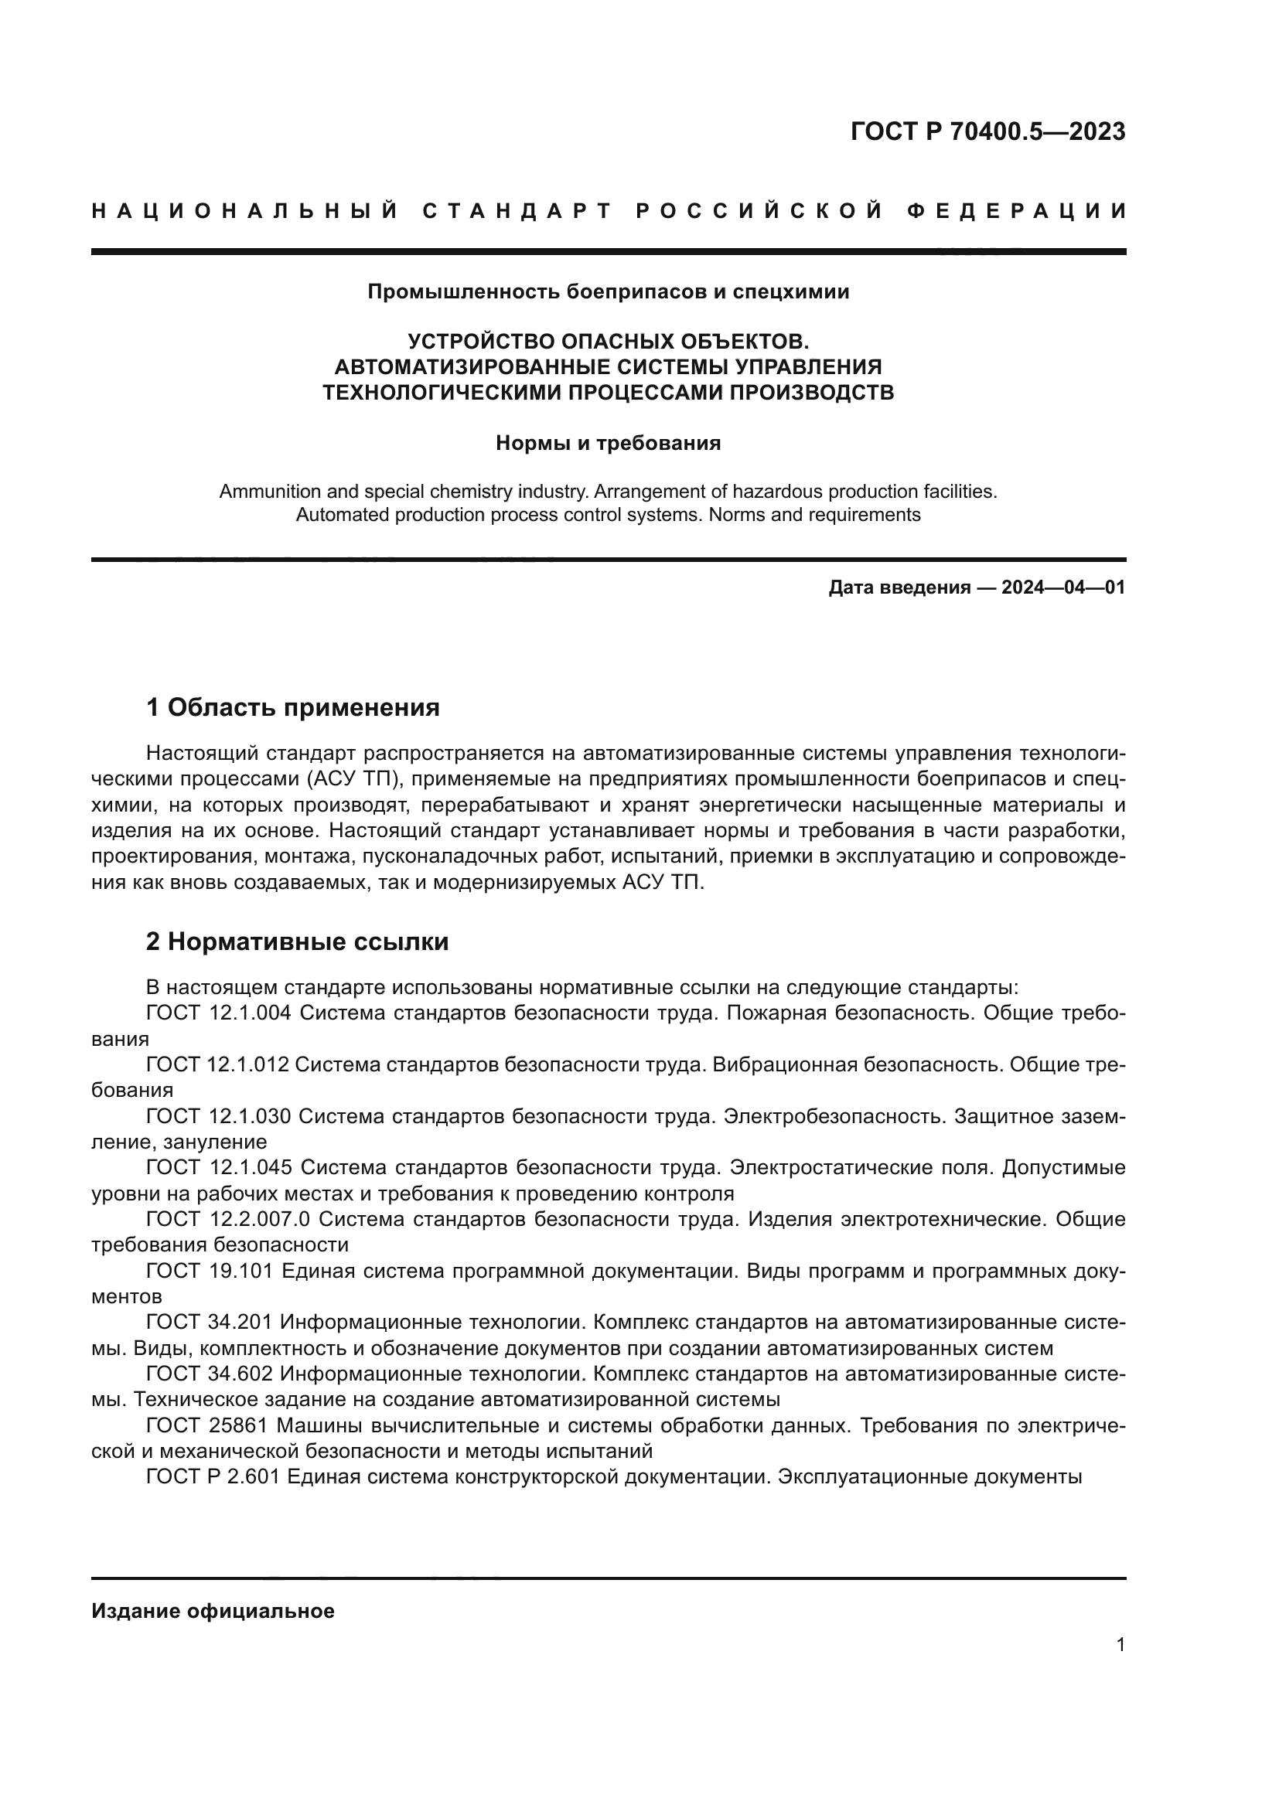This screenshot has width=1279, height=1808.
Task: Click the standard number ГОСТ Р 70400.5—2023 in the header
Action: point(987,131)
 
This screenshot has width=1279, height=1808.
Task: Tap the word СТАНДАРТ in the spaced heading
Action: point(517,211)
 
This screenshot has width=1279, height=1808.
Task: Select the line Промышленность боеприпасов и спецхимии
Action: point(608,292)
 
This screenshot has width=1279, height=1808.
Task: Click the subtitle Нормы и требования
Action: point(608,444)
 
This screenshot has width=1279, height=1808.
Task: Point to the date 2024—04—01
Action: point(1063,587)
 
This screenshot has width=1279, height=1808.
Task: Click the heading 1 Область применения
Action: point(293,707)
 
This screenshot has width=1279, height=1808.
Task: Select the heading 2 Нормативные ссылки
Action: point(297,941)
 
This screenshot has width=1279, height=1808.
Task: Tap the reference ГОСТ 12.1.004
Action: point(219,1013)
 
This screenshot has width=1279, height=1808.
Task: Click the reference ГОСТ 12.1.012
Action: point(217,1064)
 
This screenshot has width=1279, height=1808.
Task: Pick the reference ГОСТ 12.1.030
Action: point(219,1116)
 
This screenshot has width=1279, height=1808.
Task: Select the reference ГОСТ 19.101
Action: point(210,1270)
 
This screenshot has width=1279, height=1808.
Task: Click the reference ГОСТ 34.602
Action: point(210,1374)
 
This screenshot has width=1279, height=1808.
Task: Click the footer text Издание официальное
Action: point(213,1611)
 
